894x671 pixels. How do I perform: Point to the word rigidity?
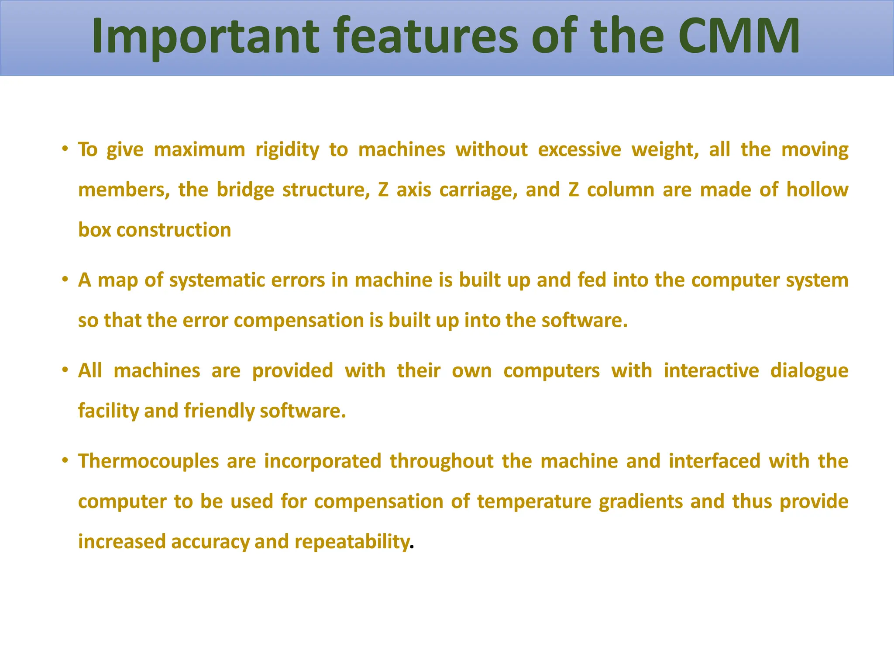pos(287,150)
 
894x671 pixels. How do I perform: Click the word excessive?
pos(579,150)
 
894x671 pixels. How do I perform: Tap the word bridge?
pos(245,190)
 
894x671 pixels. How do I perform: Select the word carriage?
pos(478,190)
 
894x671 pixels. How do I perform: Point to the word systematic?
pos(217,281)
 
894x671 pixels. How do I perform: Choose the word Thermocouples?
pos(148,462)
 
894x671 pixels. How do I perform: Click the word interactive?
pos(711,371)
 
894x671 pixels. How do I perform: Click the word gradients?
pos(640,502)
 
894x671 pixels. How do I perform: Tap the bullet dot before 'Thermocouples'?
pos(65,460)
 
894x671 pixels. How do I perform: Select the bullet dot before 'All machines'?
pos(65,370)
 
